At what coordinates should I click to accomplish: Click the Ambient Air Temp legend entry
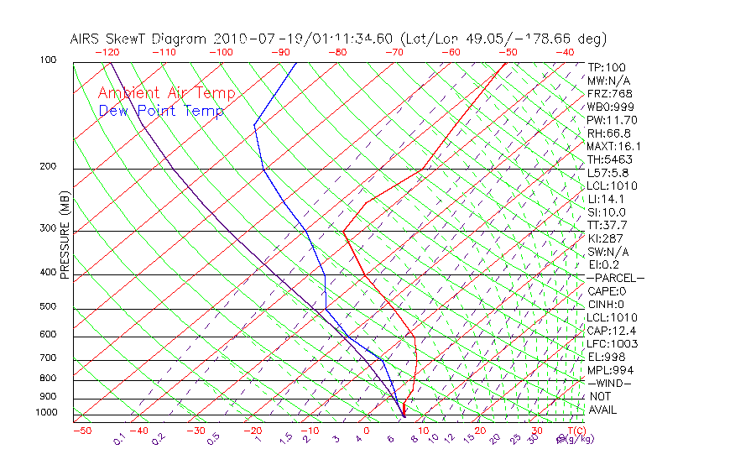point(166,93)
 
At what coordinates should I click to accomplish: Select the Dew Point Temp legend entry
point(161,111)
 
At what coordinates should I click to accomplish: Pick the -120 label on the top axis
point(107,52)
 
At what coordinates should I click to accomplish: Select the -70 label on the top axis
point(394,52)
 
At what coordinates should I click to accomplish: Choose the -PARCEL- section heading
point(615,278)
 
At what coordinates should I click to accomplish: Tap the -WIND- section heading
point(610,383)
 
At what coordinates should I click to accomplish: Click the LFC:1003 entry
point(612,343)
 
